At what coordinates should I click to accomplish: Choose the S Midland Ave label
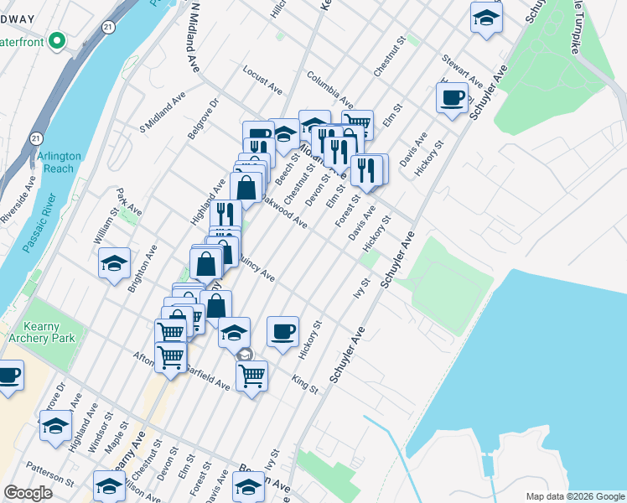coord(163,114)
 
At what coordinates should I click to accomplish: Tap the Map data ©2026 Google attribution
coord(574,496)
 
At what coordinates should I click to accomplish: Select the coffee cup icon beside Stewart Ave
coord(452,97)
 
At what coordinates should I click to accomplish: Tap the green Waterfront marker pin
coord(57,39)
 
